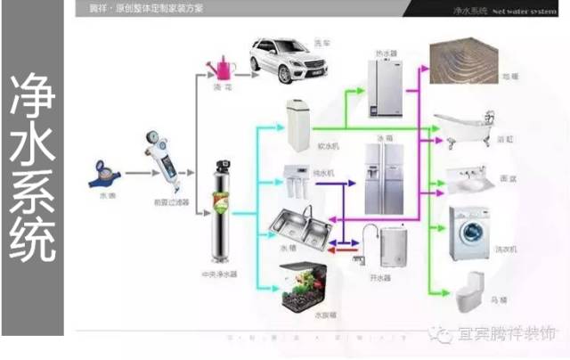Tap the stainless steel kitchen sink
[298, 226]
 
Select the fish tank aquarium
[307, 290]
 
